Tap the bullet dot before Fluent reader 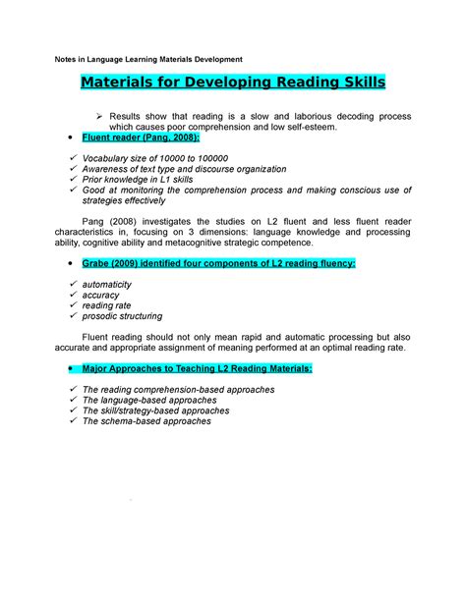click(67, 141)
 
